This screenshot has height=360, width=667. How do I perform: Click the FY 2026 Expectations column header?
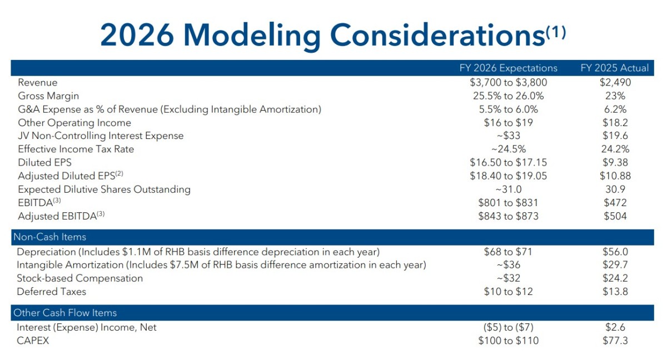pyautogui.click(x=508, y=68)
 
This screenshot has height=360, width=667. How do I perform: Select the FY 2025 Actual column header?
pyautogui.click(x=615, y=68)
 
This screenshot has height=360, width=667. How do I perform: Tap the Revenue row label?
pyautogui.click(x=38, y=82)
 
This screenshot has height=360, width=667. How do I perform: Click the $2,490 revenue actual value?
pyautogui.click(x=615, y=82)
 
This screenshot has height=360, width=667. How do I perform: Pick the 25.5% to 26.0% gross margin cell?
pyautogui.click(x=508, y=96)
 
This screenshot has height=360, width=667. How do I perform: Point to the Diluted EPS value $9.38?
pyautogui.click(x=615, y=162)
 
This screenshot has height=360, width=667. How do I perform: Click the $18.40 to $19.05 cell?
pyautogui.click(x=508, y=176)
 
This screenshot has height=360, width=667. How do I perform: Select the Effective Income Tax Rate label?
pyautogui.click(x=76, y=149)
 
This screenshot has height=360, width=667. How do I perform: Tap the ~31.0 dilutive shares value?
pyautogui.click(x=508, y=189)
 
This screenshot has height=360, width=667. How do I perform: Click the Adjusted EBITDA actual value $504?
pyautogui.click(x=615, y=216)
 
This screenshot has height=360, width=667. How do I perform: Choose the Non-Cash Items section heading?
pyautogui.click(x=49, y=237)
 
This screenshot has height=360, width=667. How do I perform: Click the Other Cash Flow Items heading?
pyautogui.click(x=65, y=313)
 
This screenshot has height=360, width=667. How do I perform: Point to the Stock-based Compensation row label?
pyautogui.click(x=80, y=278)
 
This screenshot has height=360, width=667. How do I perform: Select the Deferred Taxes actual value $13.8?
pyautogui.click(x=615, y=292)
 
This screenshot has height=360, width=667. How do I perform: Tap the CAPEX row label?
pyautogui.click(x=33, y=341)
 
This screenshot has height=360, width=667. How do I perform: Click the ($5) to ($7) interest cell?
pyautogui.click(x=508, y=327)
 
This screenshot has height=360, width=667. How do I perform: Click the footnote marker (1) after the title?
pyautogui.click(x=556, y=32)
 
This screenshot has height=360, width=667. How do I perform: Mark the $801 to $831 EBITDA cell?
pyautogui.click(x=508, y=203)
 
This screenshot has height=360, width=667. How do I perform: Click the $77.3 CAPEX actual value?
pyautogui.click(x=615, y=341)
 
